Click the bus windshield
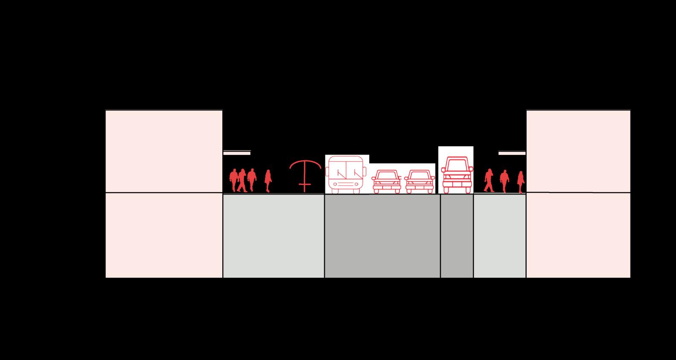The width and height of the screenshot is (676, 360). point(345,168)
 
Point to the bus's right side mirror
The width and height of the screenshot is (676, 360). point(365,171)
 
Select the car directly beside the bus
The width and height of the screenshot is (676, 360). point(386,182)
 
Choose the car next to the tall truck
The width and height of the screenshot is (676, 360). point(419,182)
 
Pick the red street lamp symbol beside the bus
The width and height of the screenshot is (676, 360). point(305,175)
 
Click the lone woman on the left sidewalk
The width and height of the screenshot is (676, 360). point(268,180)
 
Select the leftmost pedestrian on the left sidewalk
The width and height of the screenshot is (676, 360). point(233,180)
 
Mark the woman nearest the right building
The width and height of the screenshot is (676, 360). point(520,182)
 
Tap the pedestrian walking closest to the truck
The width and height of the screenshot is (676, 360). point(489,180)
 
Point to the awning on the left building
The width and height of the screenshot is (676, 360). point(237,153)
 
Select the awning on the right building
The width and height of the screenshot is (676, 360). point(512,153)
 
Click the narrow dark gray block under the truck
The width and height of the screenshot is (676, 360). point(457,236)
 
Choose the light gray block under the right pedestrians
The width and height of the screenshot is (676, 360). point(499,236)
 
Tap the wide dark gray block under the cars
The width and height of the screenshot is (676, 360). point(382,236)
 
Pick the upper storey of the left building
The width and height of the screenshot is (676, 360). point(164,151)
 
